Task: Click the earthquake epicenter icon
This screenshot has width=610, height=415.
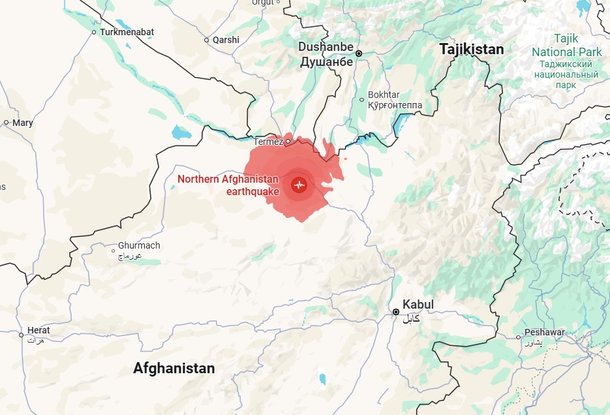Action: click(x=299, y=185)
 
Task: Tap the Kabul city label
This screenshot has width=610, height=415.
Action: click(x=418, y=305)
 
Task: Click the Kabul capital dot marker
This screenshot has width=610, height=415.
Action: click(x=396, y=312)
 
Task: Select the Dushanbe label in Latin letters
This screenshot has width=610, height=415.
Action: click(x=326, y=48)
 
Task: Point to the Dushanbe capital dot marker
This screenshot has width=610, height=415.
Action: click(x=358, y=54)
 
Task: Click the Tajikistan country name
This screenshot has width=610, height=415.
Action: click(x=471, y=50)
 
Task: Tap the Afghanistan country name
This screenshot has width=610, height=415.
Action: click(x=174, y=368)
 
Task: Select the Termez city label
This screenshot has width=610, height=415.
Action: click(x=268, y=142)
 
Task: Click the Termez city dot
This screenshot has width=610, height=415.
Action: click(x=288, y=140)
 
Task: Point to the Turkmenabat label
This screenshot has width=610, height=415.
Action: click(x=127, y=31)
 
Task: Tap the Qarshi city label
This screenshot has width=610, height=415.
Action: click(x=226, y=40)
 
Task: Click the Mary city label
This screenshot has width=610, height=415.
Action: click(x=22, y=123)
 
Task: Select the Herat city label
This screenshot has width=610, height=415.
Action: click(x=38, y=330)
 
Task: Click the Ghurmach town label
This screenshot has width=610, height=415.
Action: click(x=139, y=246)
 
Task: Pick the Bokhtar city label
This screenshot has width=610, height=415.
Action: click(x=384, y=95)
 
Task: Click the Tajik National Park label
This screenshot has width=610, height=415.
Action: click(x=566, y=46)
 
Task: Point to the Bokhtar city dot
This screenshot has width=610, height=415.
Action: click(x=362, y=100)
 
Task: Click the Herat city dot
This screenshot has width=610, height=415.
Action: click(x=22, y=335)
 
